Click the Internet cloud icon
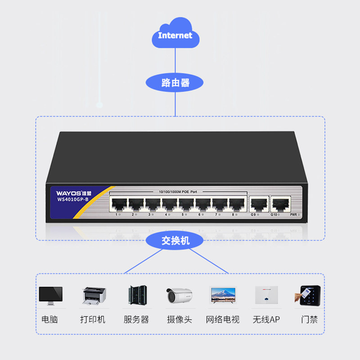pyautogui.click(x=175, y=34)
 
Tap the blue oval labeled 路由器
pyautogui.click(x=175, y=83)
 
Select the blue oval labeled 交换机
pyautogui.click(x=175, y=241)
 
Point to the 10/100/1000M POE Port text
pyautogui.click(x=178, y=192)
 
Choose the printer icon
pyautogui.click(x=94, y=295)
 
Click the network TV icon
pyautogui.click(x=223, y=295)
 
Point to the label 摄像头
pyautogui.click(x=179, y=319)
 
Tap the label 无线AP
pyautogui.click(x=266, y=319)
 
